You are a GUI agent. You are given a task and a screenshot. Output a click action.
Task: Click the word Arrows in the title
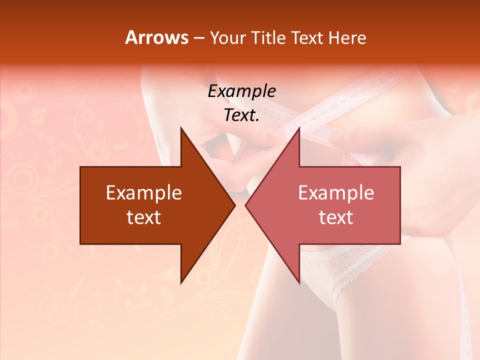click(156, 37)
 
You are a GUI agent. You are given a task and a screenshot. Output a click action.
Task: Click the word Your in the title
click(227, 38)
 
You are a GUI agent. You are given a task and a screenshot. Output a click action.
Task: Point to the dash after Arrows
click(198, 38)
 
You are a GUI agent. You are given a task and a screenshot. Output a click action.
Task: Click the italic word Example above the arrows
click(241, 91)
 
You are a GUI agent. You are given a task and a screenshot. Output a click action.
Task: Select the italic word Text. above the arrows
click(241, 115)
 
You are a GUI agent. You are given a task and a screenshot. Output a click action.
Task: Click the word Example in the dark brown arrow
click(144, 193)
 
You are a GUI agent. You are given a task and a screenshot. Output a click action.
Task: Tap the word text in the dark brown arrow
click(144, 217)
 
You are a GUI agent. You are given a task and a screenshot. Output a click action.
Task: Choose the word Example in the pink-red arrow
click(336, 193)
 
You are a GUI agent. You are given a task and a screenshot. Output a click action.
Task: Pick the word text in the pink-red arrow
click(336, 217)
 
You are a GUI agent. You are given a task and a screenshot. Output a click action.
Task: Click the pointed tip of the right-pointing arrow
click(234, 205)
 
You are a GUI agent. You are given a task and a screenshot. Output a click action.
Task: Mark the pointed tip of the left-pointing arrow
click(246, 205)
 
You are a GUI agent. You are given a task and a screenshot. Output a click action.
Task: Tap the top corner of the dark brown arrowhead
click(181, 128)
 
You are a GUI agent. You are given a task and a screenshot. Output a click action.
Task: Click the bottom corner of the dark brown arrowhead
click(181, 282)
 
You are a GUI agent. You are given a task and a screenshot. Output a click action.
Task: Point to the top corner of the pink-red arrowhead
click(299, 128)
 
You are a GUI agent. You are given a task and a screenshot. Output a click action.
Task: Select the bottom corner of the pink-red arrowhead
click(299, 282)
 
